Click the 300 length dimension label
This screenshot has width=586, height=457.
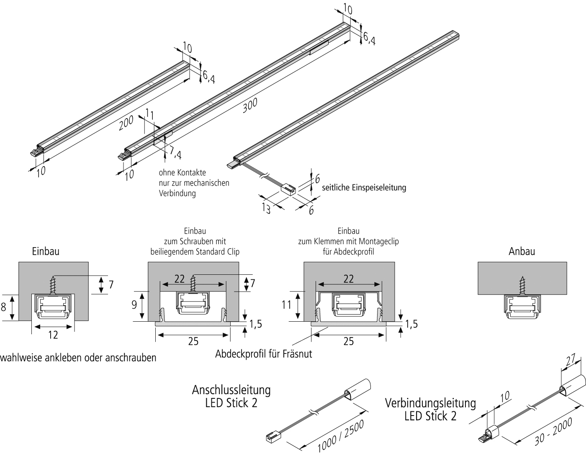tap(250, 106)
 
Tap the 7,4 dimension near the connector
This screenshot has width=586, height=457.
tap(175, 154)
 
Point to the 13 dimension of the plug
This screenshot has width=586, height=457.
tap(266, 207)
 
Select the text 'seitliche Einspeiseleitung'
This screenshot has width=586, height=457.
tap(364, 187)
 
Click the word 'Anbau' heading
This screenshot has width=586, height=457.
tap(522, 252)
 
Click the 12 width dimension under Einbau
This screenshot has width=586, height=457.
tap(53, 335)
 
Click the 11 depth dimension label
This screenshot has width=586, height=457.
tap(286, 305)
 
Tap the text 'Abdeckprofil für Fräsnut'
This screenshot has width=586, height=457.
tap(264, 354)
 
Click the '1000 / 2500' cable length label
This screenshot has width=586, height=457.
tap(341, 436)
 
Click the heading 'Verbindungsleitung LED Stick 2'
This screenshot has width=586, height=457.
tap(430, 410)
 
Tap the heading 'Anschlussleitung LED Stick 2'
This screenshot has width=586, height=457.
tap(231, 396)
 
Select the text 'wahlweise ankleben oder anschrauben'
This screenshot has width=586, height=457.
tap(79, 358)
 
